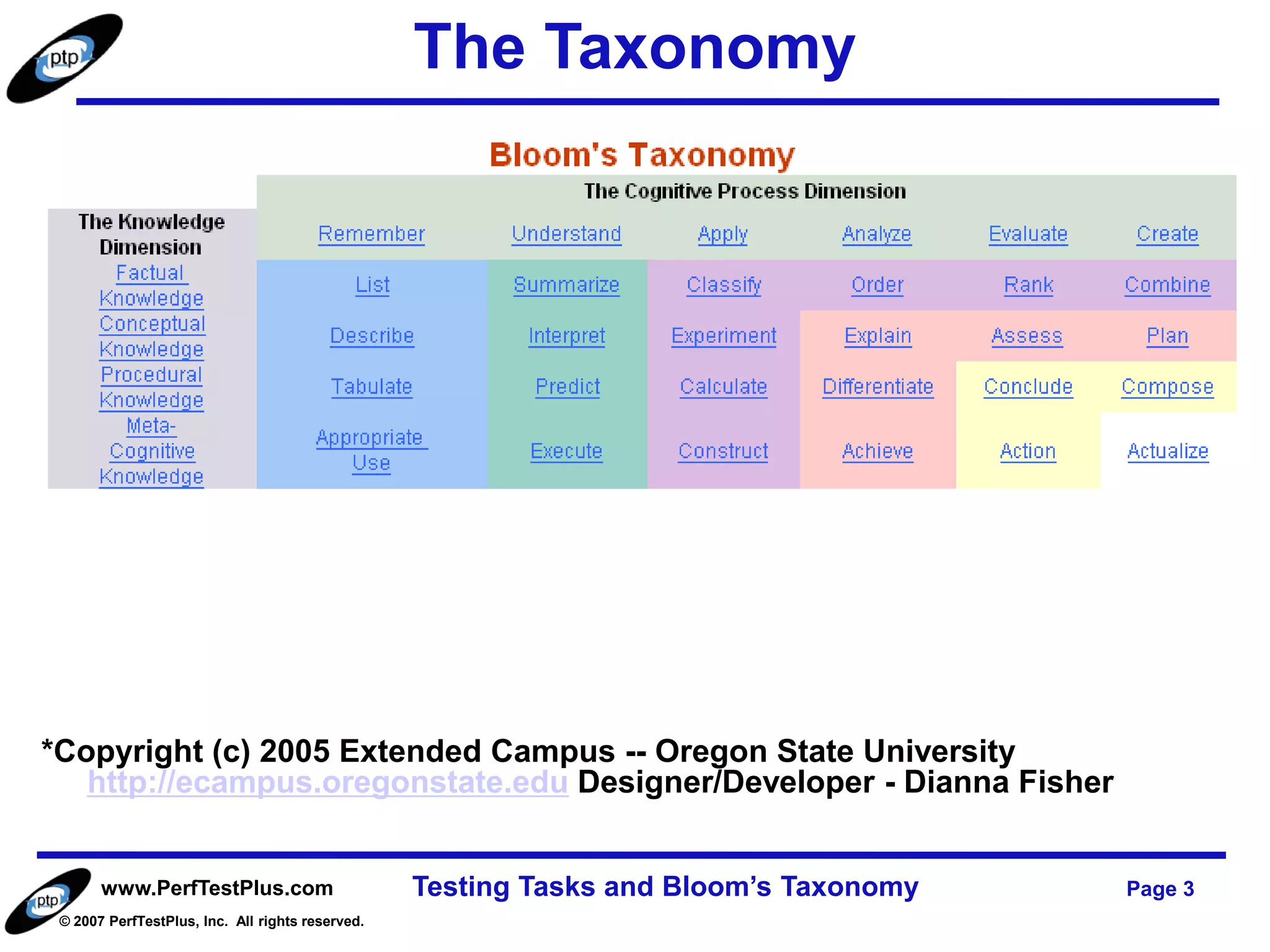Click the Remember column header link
point(371,234)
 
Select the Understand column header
point(566,234)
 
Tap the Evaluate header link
point(1028,234)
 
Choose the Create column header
point(1167,234)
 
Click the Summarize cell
point(566,284)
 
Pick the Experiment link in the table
point(724,335)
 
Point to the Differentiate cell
point(877,386)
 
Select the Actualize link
point(1168,451)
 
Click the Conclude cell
point(1028,386)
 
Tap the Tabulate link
point(371,386)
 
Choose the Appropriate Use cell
point(371,449)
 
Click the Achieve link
point(877,451)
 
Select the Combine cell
point(1167,284)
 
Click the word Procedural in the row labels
point(151,374)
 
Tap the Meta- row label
point(151,425)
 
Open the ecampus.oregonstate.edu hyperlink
point(327,782)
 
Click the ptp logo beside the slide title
point(64,59)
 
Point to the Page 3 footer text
point(1160,888)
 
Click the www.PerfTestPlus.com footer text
point(217,888)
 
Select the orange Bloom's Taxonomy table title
point(642,154)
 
